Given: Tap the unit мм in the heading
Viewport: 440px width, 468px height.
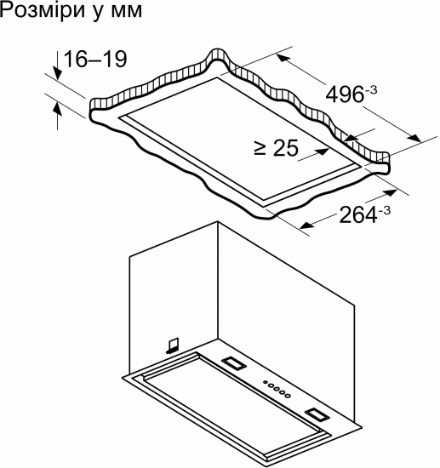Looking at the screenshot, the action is (127, 12).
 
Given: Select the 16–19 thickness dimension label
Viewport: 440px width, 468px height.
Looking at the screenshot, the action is (95, 59).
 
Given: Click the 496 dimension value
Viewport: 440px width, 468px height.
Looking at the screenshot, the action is (345, 95).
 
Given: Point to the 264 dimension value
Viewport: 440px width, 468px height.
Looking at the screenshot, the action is (358, 215).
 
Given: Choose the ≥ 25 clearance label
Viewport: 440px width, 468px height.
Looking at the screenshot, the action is (276, 147).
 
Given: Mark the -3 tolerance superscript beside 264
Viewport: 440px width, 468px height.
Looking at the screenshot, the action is (384, 211).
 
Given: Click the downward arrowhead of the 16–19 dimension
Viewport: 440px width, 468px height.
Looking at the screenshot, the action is (57, 73).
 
